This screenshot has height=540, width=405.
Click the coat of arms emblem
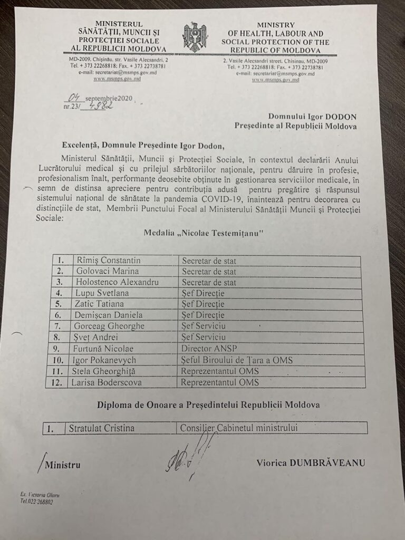(x=195, y=37)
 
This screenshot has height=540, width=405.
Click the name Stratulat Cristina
(x=101, y=428)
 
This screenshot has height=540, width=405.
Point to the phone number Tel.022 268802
(x=36, y=502)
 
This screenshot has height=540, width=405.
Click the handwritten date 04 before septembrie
(x=72, y=97)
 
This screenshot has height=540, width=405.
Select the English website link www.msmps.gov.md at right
(x=275, y=80)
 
